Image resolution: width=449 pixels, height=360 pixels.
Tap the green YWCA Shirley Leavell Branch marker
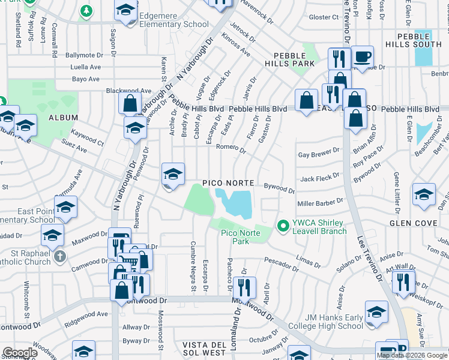[x=282, y=226]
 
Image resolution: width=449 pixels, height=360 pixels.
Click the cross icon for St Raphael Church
[x=59, y=256]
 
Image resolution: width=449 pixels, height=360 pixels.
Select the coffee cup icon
[x=362, y=57]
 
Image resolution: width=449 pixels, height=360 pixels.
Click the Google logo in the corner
[x=20, y=353]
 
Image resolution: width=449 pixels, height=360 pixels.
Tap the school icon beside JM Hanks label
[x=376, y=313]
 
